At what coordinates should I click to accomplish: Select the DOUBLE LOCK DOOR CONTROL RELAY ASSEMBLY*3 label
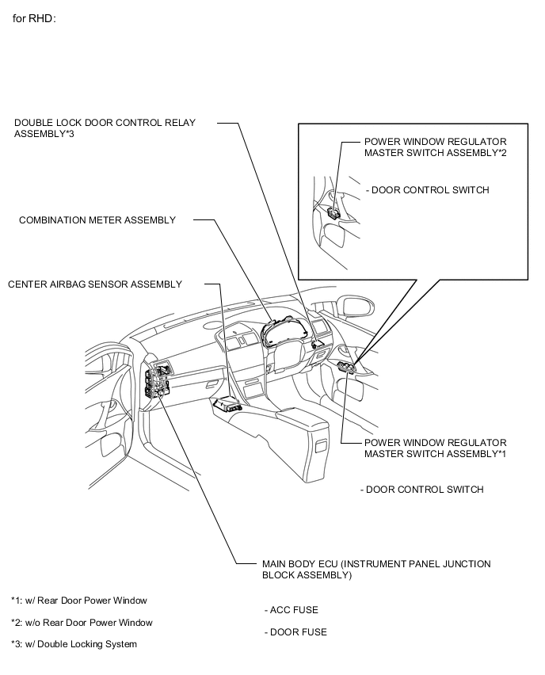[x=105, y=128]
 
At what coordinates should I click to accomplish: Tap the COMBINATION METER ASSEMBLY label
[x=97, y=219]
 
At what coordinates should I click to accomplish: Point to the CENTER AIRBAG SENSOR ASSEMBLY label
[x=95, y=284]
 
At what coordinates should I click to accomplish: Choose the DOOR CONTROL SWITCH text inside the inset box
[x=428, y=190]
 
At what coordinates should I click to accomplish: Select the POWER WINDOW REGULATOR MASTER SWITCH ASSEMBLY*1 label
[x=435, y=448]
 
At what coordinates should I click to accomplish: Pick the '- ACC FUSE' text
[x=291, y=610]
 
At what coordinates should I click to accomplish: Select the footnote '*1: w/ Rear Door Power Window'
[x=79, y=601]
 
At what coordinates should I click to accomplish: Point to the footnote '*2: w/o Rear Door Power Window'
[x=82, y=623]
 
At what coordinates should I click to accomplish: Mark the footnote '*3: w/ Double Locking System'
[x=74, y=644]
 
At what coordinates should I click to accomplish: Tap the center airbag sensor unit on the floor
[x=228, y=403]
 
